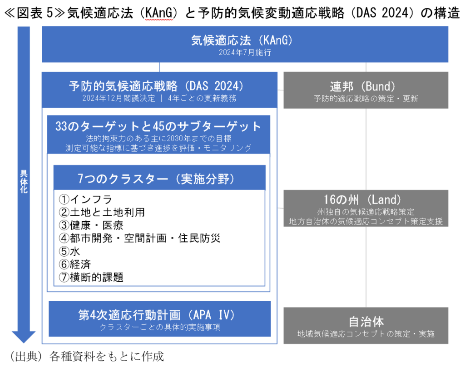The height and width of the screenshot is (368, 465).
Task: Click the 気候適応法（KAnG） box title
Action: click(x=242, y=40)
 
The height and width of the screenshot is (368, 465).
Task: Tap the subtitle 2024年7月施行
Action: click(x=245, y=53)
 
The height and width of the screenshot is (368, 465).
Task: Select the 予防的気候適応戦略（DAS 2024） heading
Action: click(x=156, y=86)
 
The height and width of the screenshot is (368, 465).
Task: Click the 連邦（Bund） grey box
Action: click(x=366, y=90)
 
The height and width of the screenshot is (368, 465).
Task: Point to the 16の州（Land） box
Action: click(x=366, y=209)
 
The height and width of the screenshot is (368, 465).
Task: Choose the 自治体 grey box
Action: click(x=366, y=326)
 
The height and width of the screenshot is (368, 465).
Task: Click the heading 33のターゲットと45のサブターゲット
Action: click(x=158, y=126)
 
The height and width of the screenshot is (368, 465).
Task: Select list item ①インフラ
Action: click(x=85, y=199)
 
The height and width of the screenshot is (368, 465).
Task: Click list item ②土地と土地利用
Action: click(x=102, y=212)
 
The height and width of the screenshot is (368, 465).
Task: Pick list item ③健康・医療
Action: click(x=91, y=225)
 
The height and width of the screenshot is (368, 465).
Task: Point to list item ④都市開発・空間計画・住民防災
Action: click(x=140, y=239)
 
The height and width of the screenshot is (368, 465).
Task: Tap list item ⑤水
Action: click(x=69, y=251)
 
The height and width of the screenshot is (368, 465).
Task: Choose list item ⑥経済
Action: click(x=75, y=264)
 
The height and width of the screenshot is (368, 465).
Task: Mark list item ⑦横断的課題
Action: click(x=91, y=277)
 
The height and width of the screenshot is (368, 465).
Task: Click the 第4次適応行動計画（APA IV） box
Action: click(x=159, y=319)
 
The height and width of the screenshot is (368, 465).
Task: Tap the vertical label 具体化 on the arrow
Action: click(x=24, y=182)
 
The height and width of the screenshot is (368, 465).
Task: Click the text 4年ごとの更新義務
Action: click(x=202, y=98)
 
